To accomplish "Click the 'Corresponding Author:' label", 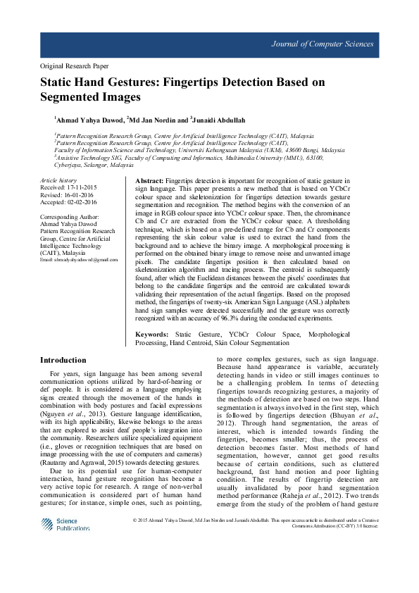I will pos(70,216).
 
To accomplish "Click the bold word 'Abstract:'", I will pos(149,181).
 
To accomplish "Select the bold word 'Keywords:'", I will pos(151,333).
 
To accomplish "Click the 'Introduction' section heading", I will pos(63,360).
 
